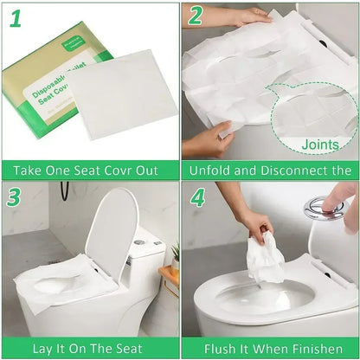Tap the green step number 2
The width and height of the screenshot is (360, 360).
(196, 16)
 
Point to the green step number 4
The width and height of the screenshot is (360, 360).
(196, 198)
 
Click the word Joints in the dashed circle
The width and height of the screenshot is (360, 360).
(320, 145)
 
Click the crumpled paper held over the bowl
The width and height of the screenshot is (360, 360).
(266, 260)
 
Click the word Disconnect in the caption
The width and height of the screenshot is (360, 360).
(299, 170)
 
